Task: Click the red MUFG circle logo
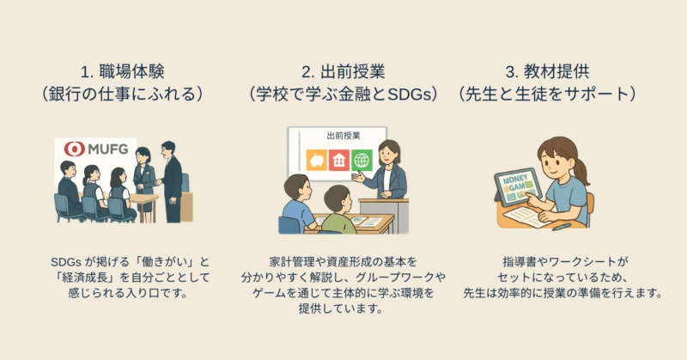tap(75, 149)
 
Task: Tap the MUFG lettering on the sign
tap(108, 149)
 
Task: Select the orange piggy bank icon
tap(316, 160)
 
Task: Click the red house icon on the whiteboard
tap(339, 160)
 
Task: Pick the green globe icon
tap(362, 160)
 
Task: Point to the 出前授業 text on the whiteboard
tap(343, 136)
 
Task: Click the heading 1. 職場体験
tap(123, 72)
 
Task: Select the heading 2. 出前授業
tap(343, 72)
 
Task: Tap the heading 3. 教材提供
tap(548, 72)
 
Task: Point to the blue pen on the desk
tap(562, 227)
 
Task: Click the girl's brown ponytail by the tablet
tap(581, 173)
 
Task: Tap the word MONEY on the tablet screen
tap(516, 180)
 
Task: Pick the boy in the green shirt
tap(337, 210)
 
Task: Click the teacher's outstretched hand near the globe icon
tap(358, 177)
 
